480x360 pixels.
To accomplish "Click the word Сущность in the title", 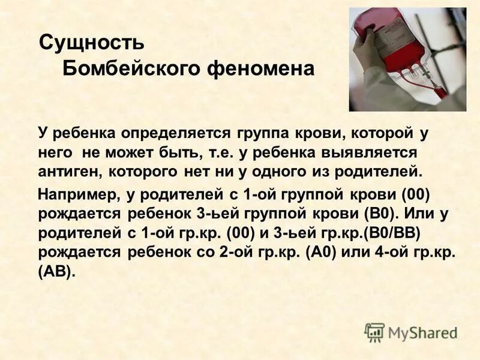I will [91, 43].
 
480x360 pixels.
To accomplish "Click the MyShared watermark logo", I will [411, 332].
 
